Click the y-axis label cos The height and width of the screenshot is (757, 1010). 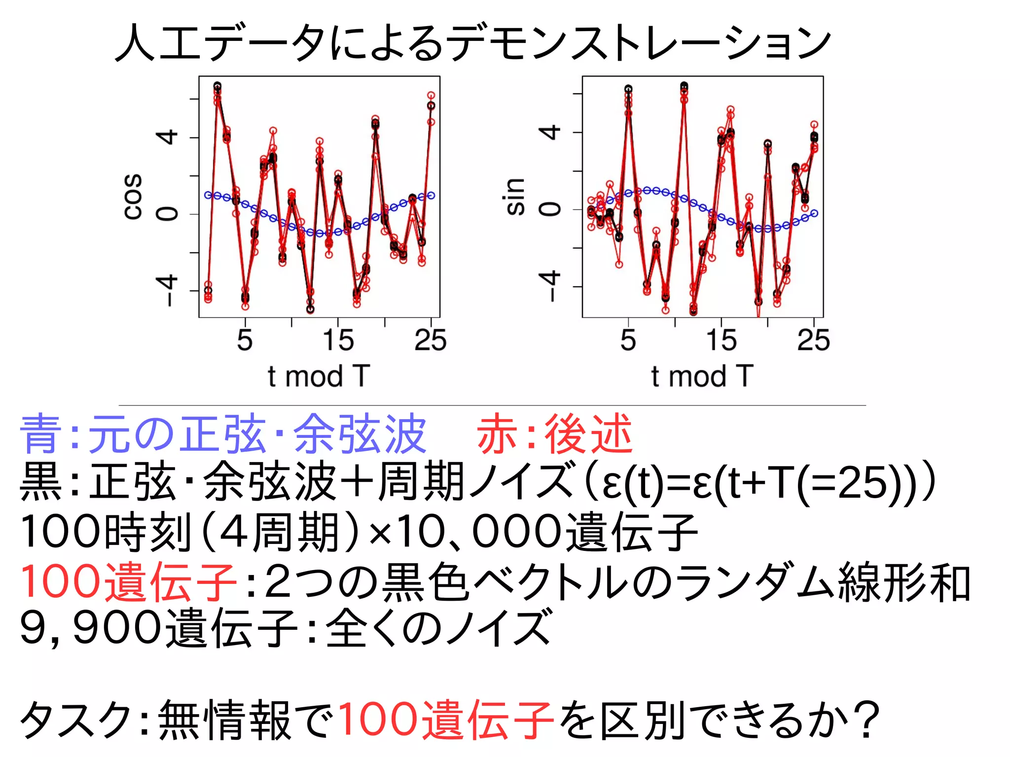[133, 196]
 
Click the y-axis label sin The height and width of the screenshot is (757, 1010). [515, 196]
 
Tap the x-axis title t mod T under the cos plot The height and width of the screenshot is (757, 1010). [319, 377]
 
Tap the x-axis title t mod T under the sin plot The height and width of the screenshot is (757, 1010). [702, 377]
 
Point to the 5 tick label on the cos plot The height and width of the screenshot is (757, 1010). [245, 340]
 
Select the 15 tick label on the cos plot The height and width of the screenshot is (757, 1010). [338, 340]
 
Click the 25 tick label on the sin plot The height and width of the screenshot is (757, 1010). [814, 340]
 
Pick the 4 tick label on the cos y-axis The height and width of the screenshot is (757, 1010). [167, 137]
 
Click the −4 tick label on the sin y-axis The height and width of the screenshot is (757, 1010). [551, 286]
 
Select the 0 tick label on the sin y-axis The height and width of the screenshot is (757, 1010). [551, 209]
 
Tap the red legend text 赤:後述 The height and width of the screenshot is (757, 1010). [554, 434]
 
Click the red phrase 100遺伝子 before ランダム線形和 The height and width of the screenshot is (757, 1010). [128, 582]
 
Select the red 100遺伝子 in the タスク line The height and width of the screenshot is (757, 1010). [446, 720]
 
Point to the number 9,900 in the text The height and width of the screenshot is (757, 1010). [91, 628]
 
